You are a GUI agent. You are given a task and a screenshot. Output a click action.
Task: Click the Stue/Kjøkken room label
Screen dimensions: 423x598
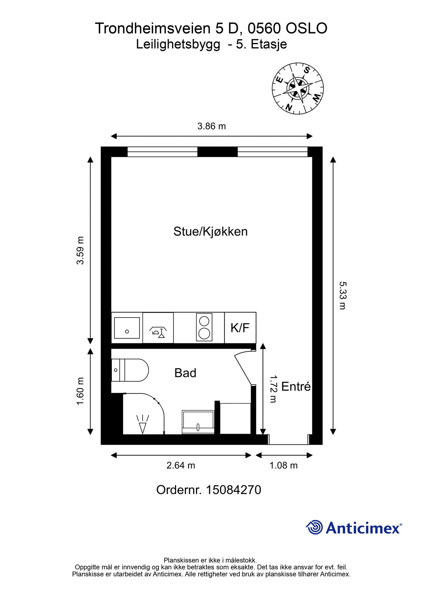[x=210, y=231]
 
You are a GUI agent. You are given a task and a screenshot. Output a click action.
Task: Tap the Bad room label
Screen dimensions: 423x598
[x=185, y=373]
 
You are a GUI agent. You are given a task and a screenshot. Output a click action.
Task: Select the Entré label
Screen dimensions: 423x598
[x=296, y=386]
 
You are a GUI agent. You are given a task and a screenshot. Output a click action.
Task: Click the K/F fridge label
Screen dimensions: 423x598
[x=240, y=327]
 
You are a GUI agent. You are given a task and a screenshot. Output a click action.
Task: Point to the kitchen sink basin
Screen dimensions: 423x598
[x=127, y=328]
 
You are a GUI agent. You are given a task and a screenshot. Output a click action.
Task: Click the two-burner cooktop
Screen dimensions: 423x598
[x=204, y=327]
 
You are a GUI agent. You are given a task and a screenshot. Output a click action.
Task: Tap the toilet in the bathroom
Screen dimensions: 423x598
[x=130, y=370]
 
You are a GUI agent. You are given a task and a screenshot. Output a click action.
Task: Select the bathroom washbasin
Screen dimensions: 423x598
[x=198, y=422]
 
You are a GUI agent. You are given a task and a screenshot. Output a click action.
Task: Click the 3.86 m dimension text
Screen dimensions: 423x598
[x=211, y=126]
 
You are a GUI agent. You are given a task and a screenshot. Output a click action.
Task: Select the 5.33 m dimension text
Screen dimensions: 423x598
[x=342, y=295]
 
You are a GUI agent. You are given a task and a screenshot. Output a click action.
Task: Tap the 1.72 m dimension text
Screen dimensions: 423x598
[x=273, y=389]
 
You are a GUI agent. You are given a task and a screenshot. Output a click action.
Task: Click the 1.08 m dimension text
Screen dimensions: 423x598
[x=283, y=465]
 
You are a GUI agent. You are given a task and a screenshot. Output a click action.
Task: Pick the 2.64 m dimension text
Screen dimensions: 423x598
[x=181, y=465]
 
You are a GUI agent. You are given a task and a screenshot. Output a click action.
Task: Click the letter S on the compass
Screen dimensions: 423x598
[x=307, y=70]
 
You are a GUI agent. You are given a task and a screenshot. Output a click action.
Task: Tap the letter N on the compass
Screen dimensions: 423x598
[x=289, y=107]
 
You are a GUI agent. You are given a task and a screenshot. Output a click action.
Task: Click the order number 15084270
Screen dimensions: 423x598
[x=233, y=490]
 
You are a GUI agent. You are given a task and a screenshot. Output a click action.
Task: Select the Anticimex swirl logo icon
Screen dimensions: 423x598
[x=314, y=527]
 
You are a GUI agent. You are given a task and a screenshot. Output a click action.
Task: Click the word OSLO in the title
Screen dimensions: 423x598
[x=306, y=28]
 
